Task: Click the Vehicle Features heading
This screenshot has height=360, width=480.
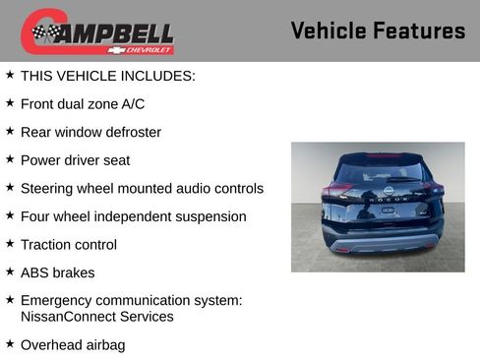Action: pos(378,30)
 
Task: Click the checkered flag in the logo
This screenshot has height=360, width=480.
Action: pos(45,32)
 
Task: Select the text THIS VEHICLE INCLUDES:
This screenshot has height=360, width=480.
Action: pos(108,75)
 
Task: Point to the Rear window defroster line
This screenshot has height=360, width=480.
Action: pos(90,132)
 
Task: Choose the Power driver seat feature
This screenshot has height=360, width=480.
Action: pos(75,159)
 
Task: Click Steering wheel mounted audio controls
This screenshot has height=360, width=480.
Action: pos(142,188)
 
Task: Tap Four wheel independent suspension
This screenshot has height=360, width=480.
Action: pos(133,216)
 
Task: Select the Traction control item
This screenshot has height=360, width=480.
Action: pos(69,244)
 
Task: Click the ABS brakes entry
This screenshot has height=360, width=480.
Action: pos(58,272)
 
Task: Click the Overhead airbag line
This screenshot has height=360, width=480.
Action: pos(73,345)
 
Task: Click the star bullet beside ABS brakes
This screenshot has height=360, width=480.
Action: pos(10,271)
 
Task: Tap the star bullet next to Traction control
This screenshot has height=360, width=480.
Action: pos(10,243)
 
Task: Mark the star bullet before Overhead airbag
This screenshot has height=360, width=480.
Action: pos(10,344)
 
